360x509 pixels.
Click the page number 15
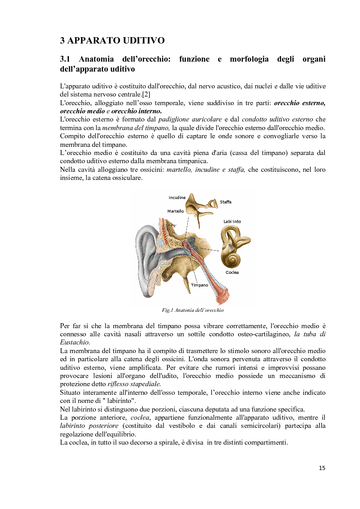pyautogui.click(x=322, y=468)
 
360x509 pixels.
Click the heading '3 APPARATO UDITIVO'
pyautogui.click(x=112, y=40)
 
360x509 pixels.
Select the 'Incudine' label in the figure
pyautogui.click(x=177, y=198)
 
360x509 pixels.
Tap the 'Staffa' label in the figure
pyautogui.click(x=225, y=202)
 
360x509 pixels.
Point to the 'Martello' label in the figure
pyautogui.click(x=175, y=211)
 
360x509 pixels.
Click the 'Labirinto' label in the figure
pyautogui.click(x=232, y=221)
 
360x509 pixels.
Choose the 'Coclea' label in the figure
pyautogui.click(x=232, y=272)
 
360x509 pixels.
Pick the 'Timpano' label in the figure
pyautogui.click(x=199, y=285)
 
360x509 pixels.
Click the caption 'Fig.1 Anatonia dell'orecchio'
pyautogui.click(x=193, y=310)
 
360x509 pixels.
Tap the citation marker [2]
pyautogui.click(x=146, y=94)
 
